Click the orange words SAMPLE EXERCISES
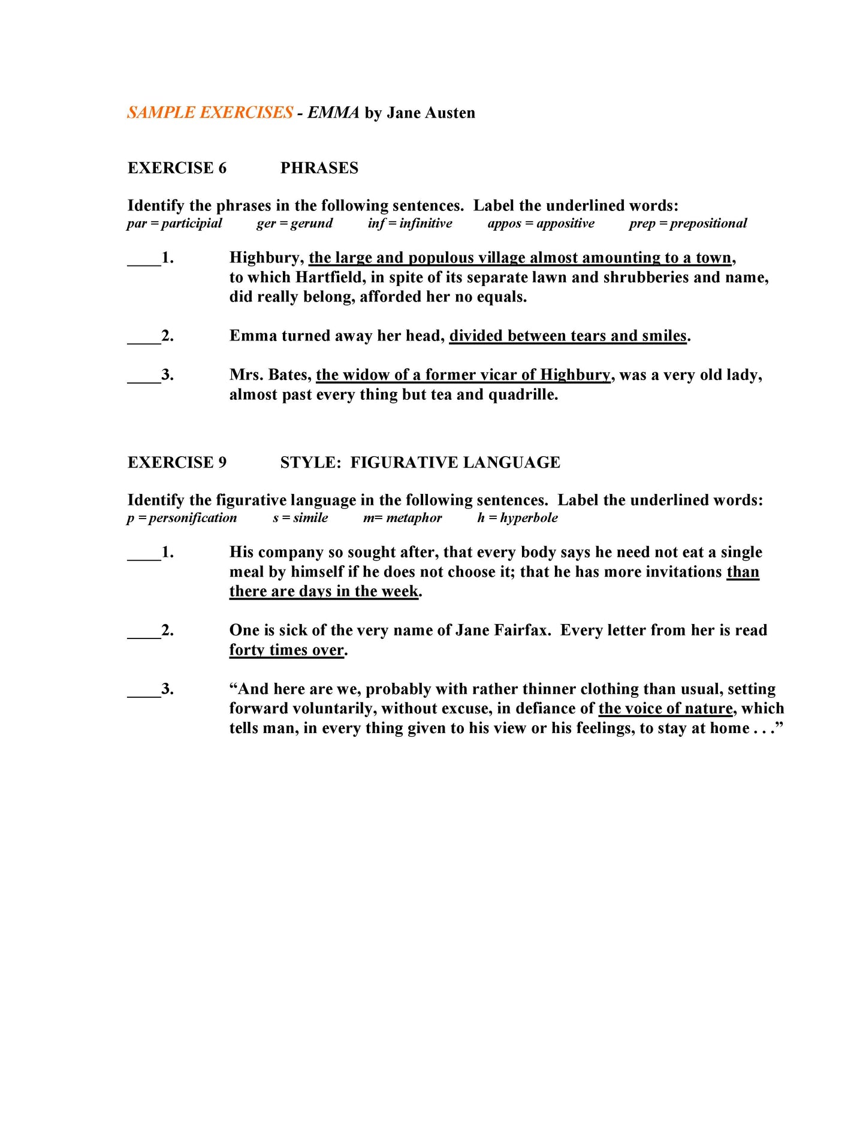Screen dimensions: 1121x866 pos(210,113)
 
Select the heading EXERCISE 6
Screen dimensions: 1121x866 pos(177,168)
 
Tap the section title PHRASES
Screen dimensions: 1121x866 pos(319,168)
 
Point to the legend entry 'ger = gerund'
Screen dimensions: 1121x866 pos(294,224)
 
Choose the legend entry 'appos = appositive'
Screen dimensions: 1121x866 pos(541,224)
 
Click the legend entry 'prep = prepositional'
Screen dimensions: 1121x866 pos(687,224)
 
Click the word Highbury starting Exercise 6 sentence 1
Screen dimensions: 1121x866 pos(266,258)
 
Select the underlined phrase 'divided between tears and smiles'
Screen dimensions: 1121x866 pos(568,336)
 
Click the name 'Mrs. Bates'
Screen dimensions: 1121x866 pos(270,375)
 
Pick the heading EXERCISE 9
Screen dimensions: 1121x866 pos(177,462)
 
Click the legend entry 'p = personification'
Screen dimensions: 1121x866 pos(182,518)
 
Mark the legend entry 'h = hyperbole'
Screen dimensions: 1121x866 pos(517,518)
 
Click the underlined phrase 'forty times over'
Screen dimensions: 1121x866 pos(286,650)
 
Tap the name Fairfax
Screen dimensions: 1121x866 pos(522,631)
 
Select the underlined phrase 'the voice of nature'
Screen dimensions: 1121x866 pos(665,709)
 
